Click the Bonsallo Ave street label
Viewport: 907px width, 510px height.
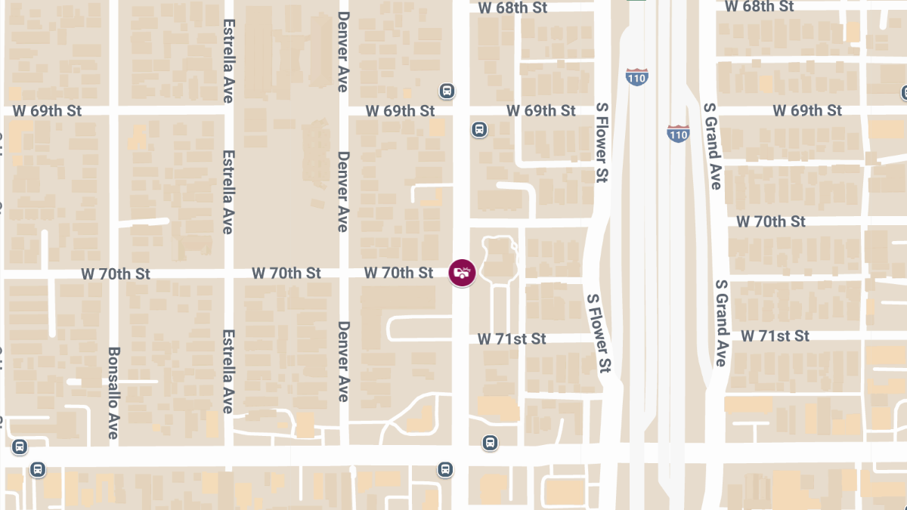[x=113, y=393]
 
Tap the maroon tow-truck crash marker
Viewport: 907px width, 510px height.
[x=462, y=273]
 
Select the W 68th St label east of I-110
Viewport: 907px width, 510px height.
[x=759, y=6]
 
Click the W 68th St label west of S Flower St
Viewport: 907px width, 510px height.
[x=512, y=8]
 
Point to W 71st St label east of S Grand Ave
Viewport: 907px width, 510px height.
[x=775, y=335]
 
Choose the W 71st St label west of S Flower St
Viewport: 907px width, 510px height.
[x=512, y=338]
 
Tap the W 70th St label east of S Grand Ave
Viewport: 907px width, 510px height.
[x=771, y=221]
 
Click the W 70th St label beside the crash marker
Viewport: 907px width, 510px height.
[x=398, y=272]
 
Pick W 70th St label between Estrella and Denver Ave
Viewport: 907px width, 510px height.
[x=286, y=272]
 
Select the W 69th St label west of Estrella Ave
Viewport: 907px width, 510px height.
[x=46, y=110]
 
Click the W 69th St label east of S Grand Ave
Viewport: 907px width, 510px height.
[x=806, y=110]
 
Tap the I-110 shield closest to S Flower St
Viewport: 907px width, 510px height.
[x=636, y=76]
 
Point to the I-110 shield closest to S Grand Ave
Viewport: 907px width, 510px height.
[x=678, y=134]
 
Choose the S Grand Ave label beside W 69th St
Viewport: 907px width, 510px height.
[x=712, y=146]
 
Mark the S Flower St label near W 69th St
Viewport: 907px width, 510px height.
[x=602, y=143]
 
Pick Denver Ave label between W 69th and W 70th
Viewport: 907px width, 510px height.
[x=343, y=192]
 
